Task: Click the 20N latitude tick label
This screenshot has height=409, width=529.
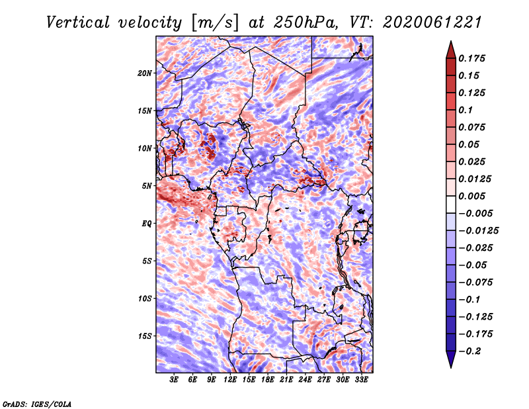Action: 145,73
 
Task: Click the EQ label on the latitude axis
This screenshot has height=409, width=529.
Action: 147,224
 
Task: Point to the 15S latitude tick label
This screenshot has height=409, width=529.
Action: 145,336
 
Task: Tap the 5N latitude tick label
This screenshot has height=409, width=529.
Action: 147,186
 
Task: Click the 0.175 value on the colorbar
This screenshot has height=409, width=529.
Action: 473,59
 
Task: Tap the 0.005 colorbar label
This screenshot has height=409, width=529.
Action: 473,197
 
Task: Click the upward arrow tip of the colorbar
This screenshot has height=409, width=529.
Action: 450,44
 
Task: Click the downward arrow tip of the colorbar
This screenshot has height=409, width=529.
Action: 450,365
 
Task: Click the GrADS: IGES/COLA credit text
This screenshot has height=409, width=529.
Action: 36,403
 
